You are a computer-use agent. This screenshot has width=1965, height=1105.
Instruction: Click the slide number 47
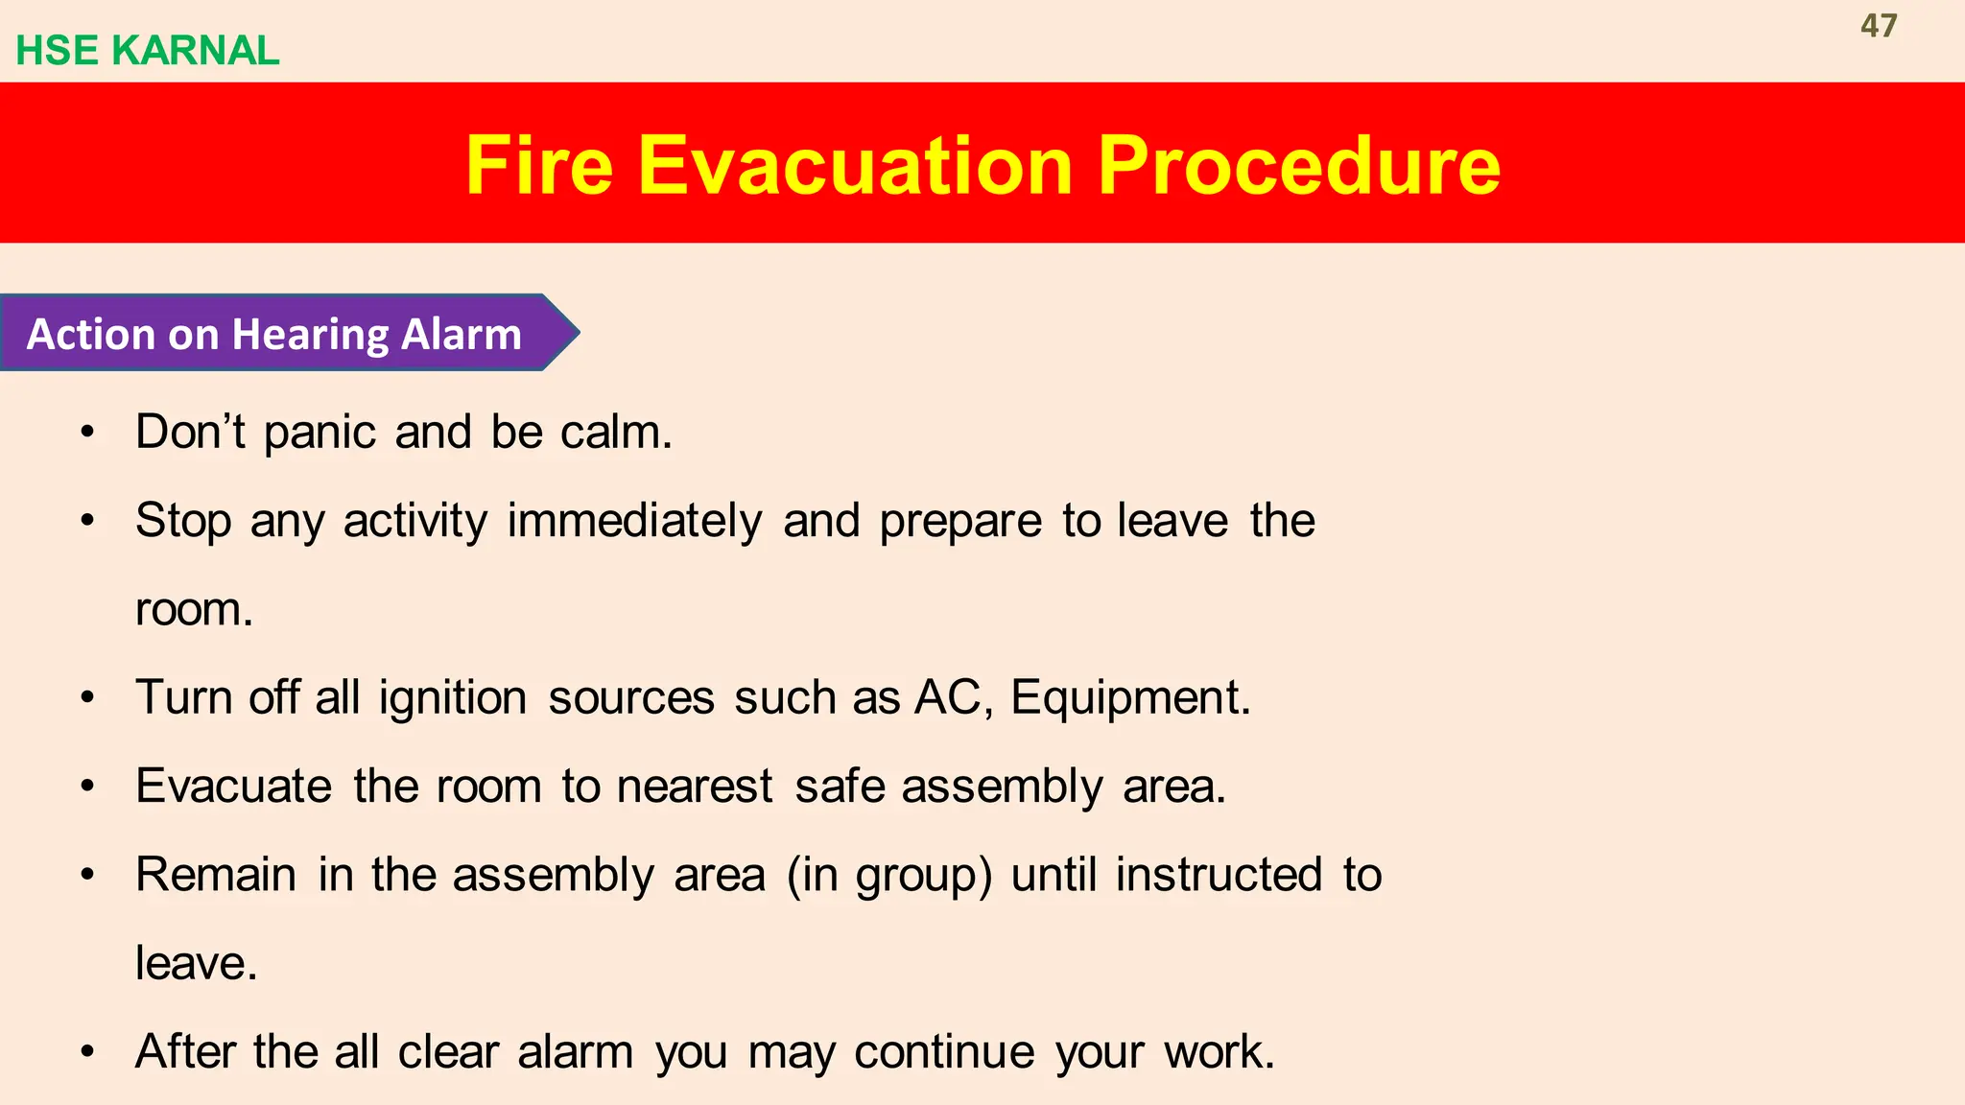[1878, 26]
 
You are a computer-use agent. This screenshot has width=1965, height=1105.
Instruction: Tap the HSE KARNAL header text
[148, 51]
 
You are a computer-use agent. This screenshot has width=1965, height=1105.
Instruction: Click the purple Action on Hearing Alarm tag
[278, 334]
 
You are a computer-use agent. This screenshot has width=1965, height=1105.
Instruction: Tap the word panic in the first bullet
[320, 433]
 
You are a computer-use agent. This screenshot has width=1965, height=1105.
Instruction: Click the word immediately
[634, 521]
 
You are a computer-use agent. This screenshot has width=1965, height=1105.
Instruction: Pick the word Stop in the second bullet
[183, 521]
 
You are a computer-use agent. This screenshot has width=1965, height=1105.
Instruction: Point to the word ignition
[453, 697]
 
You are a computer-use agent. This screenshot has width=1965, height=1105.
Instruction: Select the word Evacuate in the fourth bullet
[233, 787]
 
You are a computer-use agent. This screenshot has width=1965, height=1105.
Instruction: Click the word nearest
[695, 787]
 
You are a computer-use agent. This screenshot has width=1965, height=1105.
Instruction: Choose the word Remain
[216, 875]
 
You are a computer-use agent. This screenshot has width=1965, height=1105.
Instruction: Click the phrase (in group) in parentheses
[888, 875]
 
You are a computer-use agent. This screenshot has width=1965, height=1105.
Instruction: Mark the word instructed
[1218, 875]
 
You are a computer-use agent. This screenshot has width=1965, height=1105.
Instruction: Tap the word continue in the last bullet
[944, 1052]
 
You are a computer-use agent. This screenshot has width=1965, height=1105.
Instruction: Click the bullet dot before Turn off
[88, 697]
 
